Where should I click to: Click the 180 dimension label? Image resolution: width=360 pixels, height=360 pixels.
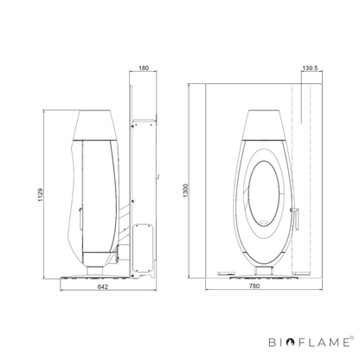click(144, 68)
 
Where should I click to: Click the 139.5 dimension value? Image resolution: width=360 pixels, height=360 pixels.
click(310, 68)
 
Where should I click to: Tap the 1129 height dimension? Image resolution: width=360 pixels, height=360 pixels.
click(41, 195)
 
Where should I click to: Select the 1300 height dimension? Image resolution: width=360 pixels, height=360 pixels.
click(185, 190)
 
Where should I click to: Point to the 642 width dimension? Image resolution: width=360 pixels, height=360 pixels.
click(103, 286)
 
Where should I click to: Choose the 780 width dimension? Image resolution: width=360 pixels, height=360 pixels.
click(254, 286)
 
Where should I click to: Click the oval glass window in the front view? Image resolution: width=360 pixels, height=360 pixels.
click(264, 194)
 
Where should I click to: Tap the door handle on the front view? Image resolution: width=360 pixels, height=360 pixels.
click(295, 218)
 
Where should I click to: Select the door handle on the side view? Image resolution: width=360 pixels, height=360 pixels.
click(80, 218)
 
